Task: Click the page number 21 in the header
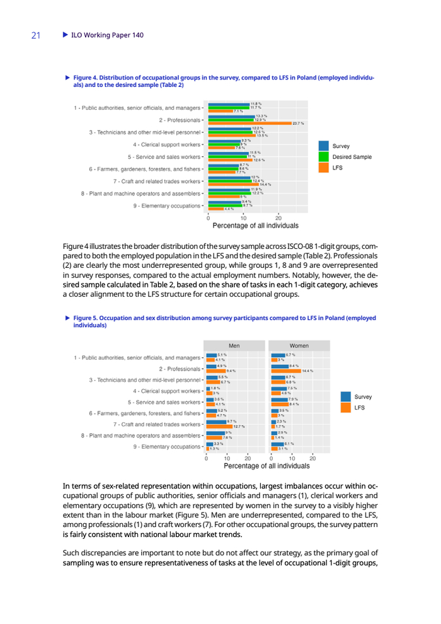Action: click(36, 35)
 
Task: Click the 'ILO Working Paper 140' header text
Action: click(107, 35)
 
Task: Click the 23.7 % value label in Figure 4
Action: click(299, 124)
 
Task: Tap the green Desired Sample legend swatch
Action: click(324, 156)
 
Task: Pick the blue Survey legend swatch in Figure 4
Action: click(324, 146)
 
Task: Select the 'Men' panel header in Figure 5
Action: click(234, 345)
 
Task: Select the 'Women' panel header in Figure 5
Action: click(299, 345)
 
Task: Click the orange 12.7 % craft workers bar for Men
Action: click(219, 426)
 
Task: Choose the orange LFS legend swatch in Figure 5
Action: click(346, 408)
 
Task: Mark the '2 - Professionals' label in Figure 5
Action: click(179, 369)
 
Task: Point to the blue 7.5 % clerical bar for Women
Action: click(278, 388)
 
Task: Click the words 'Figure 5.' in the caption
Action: click(88, 318)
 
